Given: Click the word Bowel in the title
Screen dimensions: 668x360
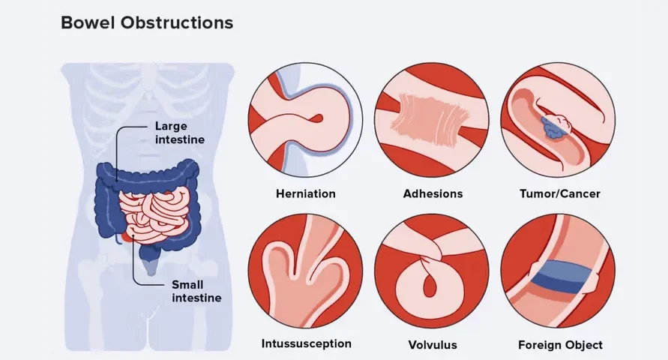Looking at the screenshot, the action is (x=88, y=22).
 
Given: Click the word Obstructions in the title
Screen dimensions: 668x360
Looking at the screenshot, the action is (x=177, y=22).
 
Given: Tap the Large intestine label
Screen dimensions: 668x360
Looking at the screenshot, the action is (x=179, y=133).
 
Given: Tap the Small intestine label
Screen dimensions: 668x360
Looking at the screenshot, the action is (x=196, y=291).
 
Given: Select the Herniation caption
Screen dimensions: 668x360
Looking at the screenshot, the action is (x=305, y=193).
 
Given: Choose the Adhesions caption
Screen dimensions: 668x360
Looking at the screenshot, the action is (x=433, y=193).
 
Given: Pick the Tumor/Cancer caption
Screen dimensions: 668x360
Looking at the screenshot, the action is (x=560, y=193).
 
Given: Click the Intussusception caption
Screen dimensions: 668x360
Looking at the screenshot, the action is (x=307, y=343).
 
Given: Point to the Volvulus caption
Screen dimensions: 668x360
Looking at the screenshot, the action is (x=433, y=345).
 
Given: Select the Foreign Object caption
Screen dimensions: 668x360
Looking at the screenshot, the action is (x=560, y=345).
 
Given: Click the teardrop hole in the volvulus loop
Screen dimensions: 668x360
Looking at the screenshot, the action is (x=430, y=284).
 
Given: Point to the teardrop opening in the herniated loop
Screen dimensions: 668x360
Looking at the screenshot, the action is (x=317, y=118).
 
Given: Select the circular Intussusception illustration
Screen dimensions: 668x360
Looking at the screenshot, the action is (x=305, y=271).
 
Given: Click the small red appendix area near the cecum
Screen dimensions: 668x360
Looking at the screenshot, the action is (x=124, y=236).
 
